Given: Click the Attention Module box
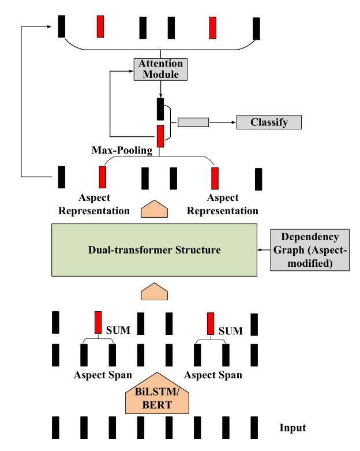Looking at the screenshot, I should point(160,69).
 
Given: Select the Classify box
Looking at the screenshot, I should point(269,122).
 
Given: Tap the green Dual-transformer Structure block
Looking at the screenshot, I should point(155,250).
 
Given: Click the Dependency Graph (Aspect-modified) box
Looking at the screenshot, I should point(309,250).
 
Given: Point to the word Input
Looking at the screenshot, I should point(292,428).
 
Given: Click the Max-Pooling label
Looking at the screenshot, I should point(122,150).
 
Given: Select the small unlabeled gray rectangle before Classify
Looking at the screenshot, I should point(193,122).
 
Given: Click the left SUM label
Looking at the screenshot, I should point(118,331).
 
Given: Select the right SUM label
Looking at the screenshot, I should point(230,331).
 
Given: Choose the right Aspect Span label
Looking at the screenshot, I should point(213,375).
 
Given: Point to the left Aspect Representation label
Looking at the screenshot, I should point(103,204).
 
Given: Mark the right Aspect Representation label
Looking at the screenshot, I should point(223,204).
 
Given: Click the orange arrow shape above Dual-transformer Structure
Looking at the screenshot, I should point(155,209).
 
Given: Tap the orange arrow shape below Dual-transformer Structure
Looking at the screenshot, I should point(155,292).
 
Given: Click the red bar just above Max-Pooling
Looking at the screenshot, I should point(160,136).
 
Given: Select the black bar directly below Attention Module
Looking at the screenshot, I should point(160,109).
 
